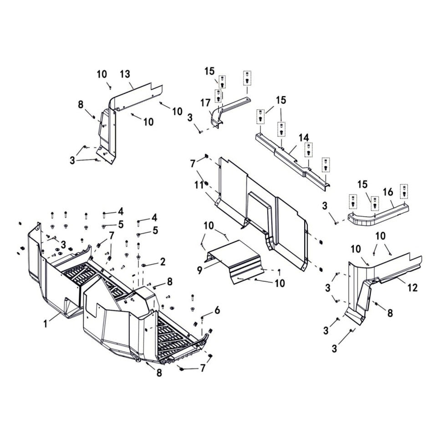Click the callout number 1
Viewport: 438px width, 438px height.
(45, 324)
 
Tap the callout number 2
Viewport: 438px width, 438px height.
(162, 262)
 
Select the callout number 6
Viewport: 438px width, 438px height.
(217, 310)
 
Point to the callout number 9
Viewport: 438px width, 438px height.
(199, 270)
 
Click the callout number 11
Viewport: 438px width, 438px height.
(199, 185)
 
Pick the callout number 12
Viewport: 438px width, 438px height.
(413, 287)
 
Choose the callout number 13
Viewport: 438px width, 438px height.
(125, 74)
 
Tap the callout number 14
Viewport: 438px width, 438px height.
(304, 138)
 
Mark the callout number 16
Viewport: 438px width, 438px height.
(388, 192)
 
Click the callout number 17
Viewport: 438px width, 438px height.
(205, 103)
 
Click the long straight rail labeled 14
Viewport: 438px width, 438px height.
(292, 161)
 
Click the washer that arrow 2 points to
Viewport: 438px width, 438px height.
(144, 265)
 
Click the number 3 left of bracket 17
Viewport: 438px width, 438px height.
(190, 117)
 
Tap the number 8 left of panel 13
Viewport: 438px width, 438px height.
(81, 105)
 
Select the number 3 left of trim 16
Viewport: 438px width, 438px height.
(325, 206)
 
